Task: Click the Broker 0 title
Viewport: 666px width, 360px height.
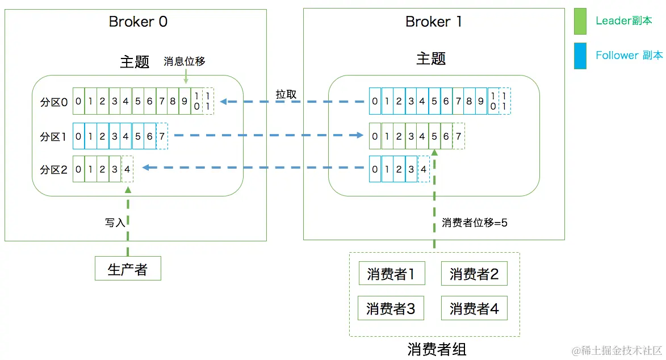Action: pos(138,22)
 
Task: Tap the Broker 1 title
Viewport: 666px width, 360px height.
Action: pos(433,22)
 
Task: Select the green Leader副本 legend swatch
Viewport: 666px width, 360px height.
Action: pos(580,21)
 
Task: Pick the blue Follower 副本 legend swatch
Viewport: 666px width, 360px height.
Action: pos(580,56)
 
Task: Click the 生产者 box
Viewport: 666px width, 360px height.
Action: pos(128,269)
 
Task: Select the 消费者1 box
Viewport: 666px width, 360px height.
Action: pos(391,274)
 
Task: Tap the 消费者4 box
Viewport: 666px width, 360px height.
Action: pos(474,308)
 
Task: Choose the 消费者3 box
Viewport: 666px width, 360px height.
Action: pos(391,308)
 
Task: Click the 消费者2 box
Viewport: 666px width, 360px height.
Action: pos(474,274)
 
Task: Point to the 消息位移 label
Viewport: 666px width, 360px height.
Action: pos(184,62)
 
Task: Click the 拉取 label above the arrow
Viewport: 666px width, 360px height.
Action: pos(286,94)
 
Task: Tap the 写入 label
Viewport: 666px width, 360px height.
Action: pos(115,223)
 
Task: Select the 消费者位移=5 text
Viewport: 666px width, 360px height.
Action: pos(475,223)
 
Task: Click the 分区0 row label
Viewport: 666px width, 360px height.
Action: pos(54,102)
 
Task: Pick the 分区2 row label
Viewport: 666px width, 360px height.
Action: pos(54,169)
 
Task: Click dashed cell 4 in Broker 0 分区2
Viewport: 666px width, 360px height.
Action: pos(127,169)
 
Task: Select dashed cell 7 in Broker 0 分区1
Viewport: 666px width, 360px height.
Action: pos(162,136)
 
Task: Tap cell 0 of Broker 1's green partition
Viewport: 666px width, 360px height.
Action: pos(375,136)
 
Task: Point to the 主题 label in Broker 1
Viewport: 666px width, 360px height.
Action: pos(431,59)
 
